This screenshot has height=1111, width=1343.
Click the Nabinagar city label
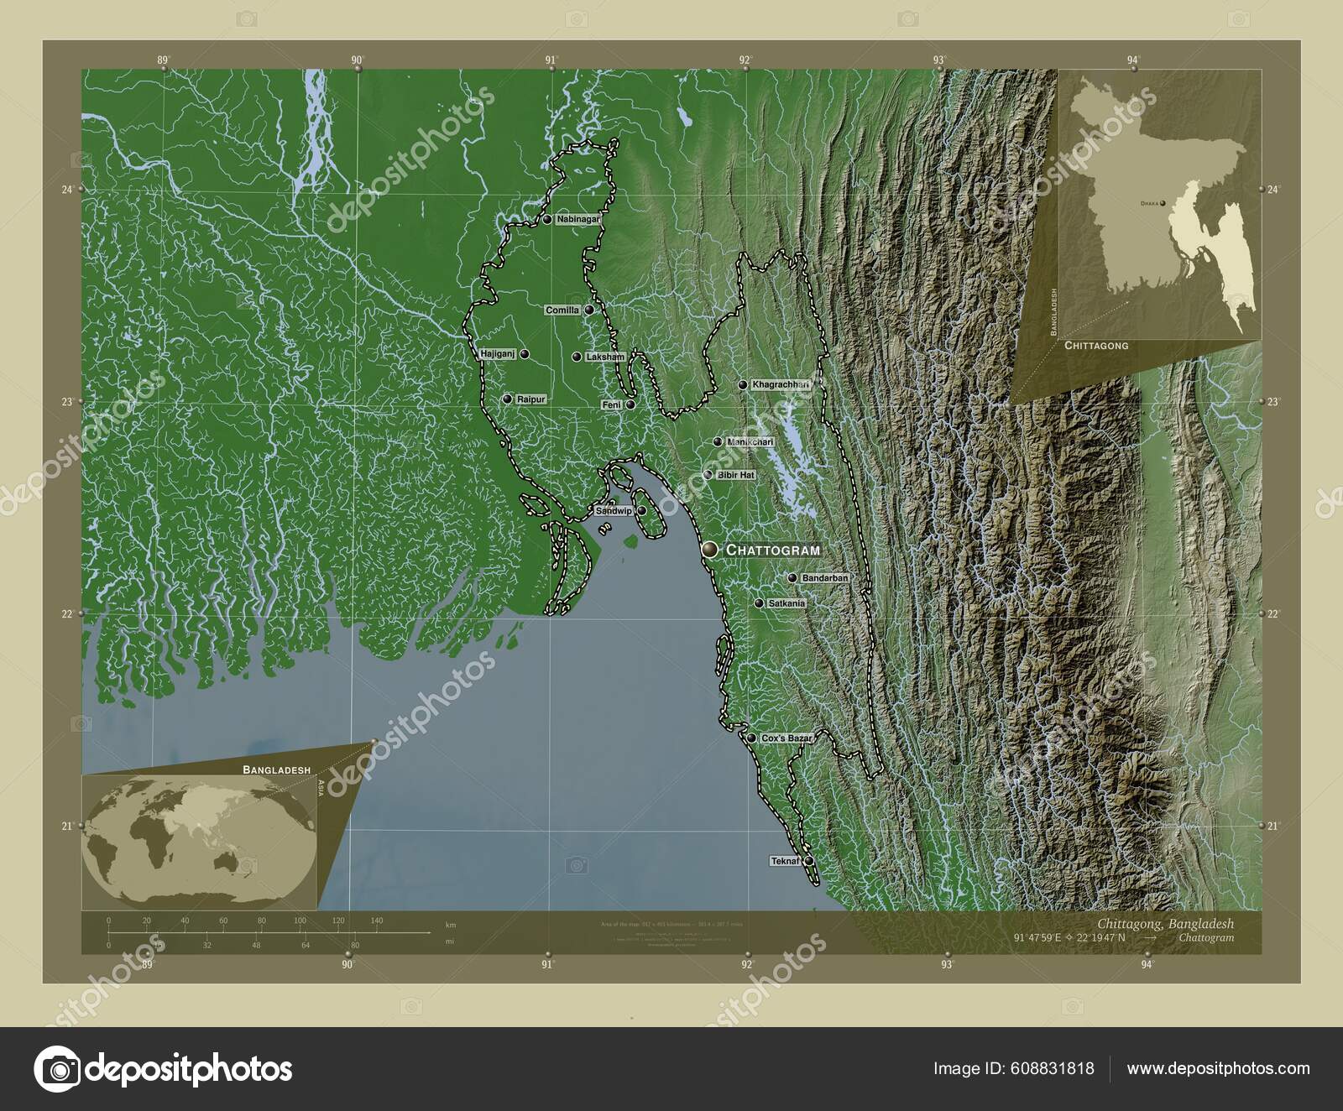click(x=577, y=220)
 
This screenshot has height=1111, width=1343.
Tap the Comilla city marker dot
click(x=589, y=310)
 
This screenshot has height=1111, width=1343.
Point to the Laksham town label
click(x=604, y=357)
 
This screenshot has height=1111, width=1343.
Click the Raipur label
click(x=531, y=399)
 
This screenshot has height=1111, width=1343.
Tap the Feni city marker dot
click(x=630, y=404)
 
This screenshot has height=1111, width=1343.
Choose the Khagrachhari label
click(x=781, y=385)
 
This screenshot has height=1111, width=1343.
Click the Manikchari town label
click(x=750, y=442)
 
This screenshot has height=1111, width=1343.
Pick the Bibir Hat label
click(x=736, y=476)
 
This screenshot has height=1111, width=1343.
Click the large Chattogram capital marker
click(x=711, y=550)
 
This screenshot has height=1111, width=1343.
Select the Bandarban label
click(x=825, y=579)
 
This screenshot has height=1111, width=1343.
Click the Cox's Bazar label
click(x=786, y=738)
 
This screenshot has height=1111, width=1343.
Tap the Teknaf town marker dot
click(x=808, y=861)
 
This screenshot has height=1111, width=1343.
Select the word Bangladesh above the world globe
click(x=276, y=769)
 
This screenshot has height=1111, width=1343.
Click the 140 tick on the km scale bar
click(x=377, y=921)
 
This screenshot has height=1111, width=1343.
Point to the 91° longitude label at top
click(x=551, y=60)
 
